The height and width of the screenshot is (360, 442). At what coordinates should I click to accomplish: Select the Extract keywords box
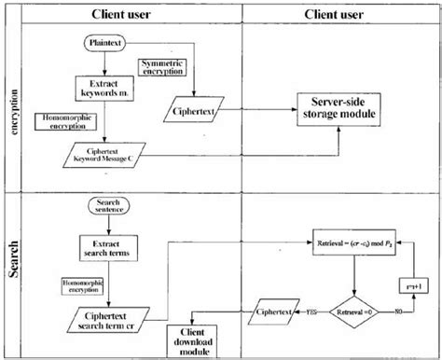[x=105, y=89]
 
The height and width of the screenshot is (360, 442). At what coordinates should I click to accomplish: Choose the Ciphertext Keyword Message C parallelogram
[x=104, y=153]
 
